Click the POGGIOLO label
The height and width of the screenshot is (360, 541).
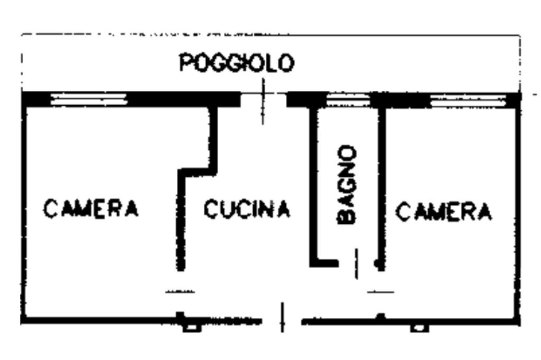pos(236,63)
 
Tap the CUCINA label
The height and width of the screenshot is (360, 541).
pos(247,210)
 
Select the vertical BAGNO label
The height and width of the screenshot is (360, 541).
pos(347,184)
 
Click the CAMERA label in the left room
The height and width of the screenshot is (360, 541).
pos(91,209)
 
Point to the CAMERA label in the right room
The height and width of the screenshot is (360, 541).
pos(444,212)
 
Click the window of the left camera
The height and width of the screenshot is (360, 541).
pos(89,99)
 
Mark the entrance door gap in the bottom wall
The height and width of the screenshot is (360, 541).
pos(282,318)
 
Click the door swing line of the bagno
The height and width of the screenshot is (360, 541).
pos(356,263)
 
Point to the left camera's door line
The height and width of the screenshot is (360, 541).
pos(180,291)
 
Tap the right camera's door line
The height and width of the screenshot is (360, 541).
pos(381,291)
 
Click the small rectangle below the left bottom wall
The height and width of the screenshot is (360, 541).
pos(192,328)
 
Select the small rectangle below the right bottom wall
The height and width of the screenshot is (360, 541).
pos(419,328)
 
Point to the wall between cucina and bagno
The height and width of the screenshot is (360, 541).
pos(313,185)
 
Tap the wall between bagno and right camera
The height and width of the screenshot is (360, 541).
pos(381,185)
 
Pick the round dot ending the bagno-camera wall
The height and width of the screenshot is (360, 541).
pos(378,263)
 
